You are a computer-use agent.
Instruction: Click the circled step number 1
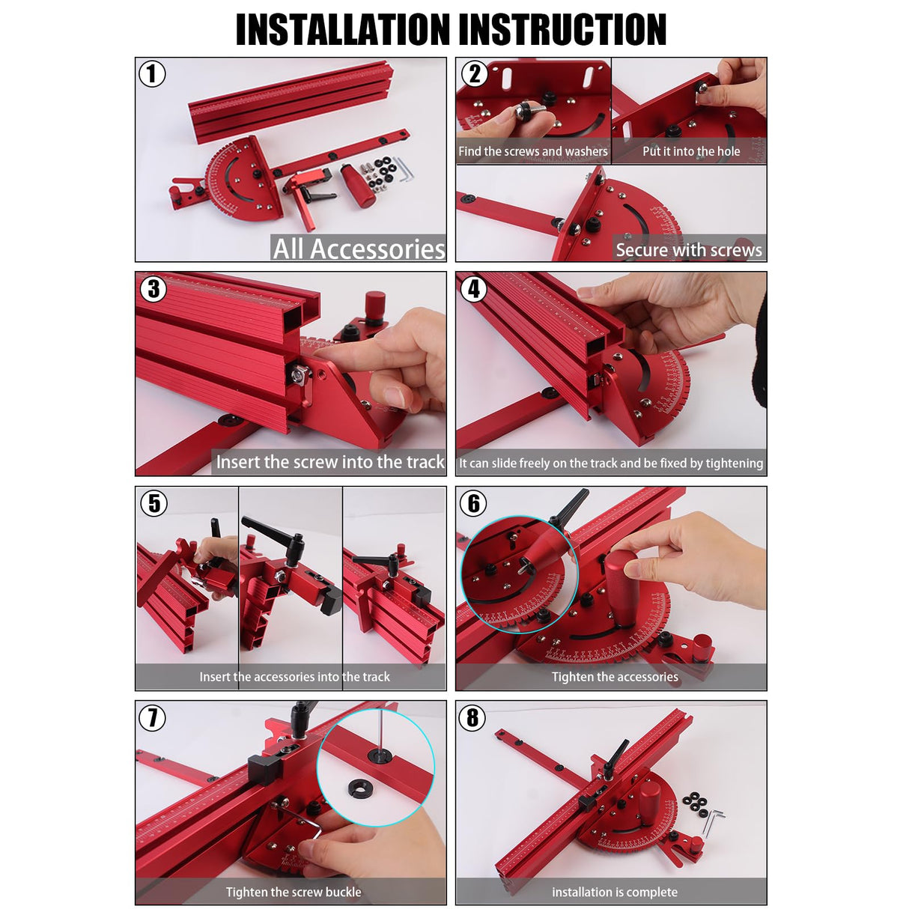[x=152, y=74]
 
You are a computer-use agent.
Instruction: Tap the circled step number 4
[x=473, y=288]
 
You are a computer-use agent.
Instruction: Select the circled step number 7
[x=153, y=717]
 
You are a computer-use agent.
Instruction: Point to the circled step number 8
[x=472, y=717]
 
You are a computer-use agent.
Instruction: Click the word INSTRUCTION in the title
[x=562, y=30]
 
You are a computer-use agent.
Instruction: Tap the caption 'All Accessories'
[x=359, y=249]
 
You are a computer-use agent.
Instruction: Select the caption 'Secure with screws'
[x=688, y=250]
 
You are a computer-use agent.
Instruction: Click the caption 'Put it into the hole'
[x=690, y=151]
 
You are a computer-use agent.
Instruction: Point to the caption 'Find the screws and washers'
[x=532, y=151]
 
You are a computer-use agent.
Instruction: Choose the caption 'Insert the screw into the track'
[x=330, y=462]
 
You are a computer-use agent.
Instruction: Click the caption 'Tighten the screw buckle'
[x=294, y=892]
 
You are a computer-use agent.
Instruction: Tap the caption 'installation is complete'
[x=614, y=892]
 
